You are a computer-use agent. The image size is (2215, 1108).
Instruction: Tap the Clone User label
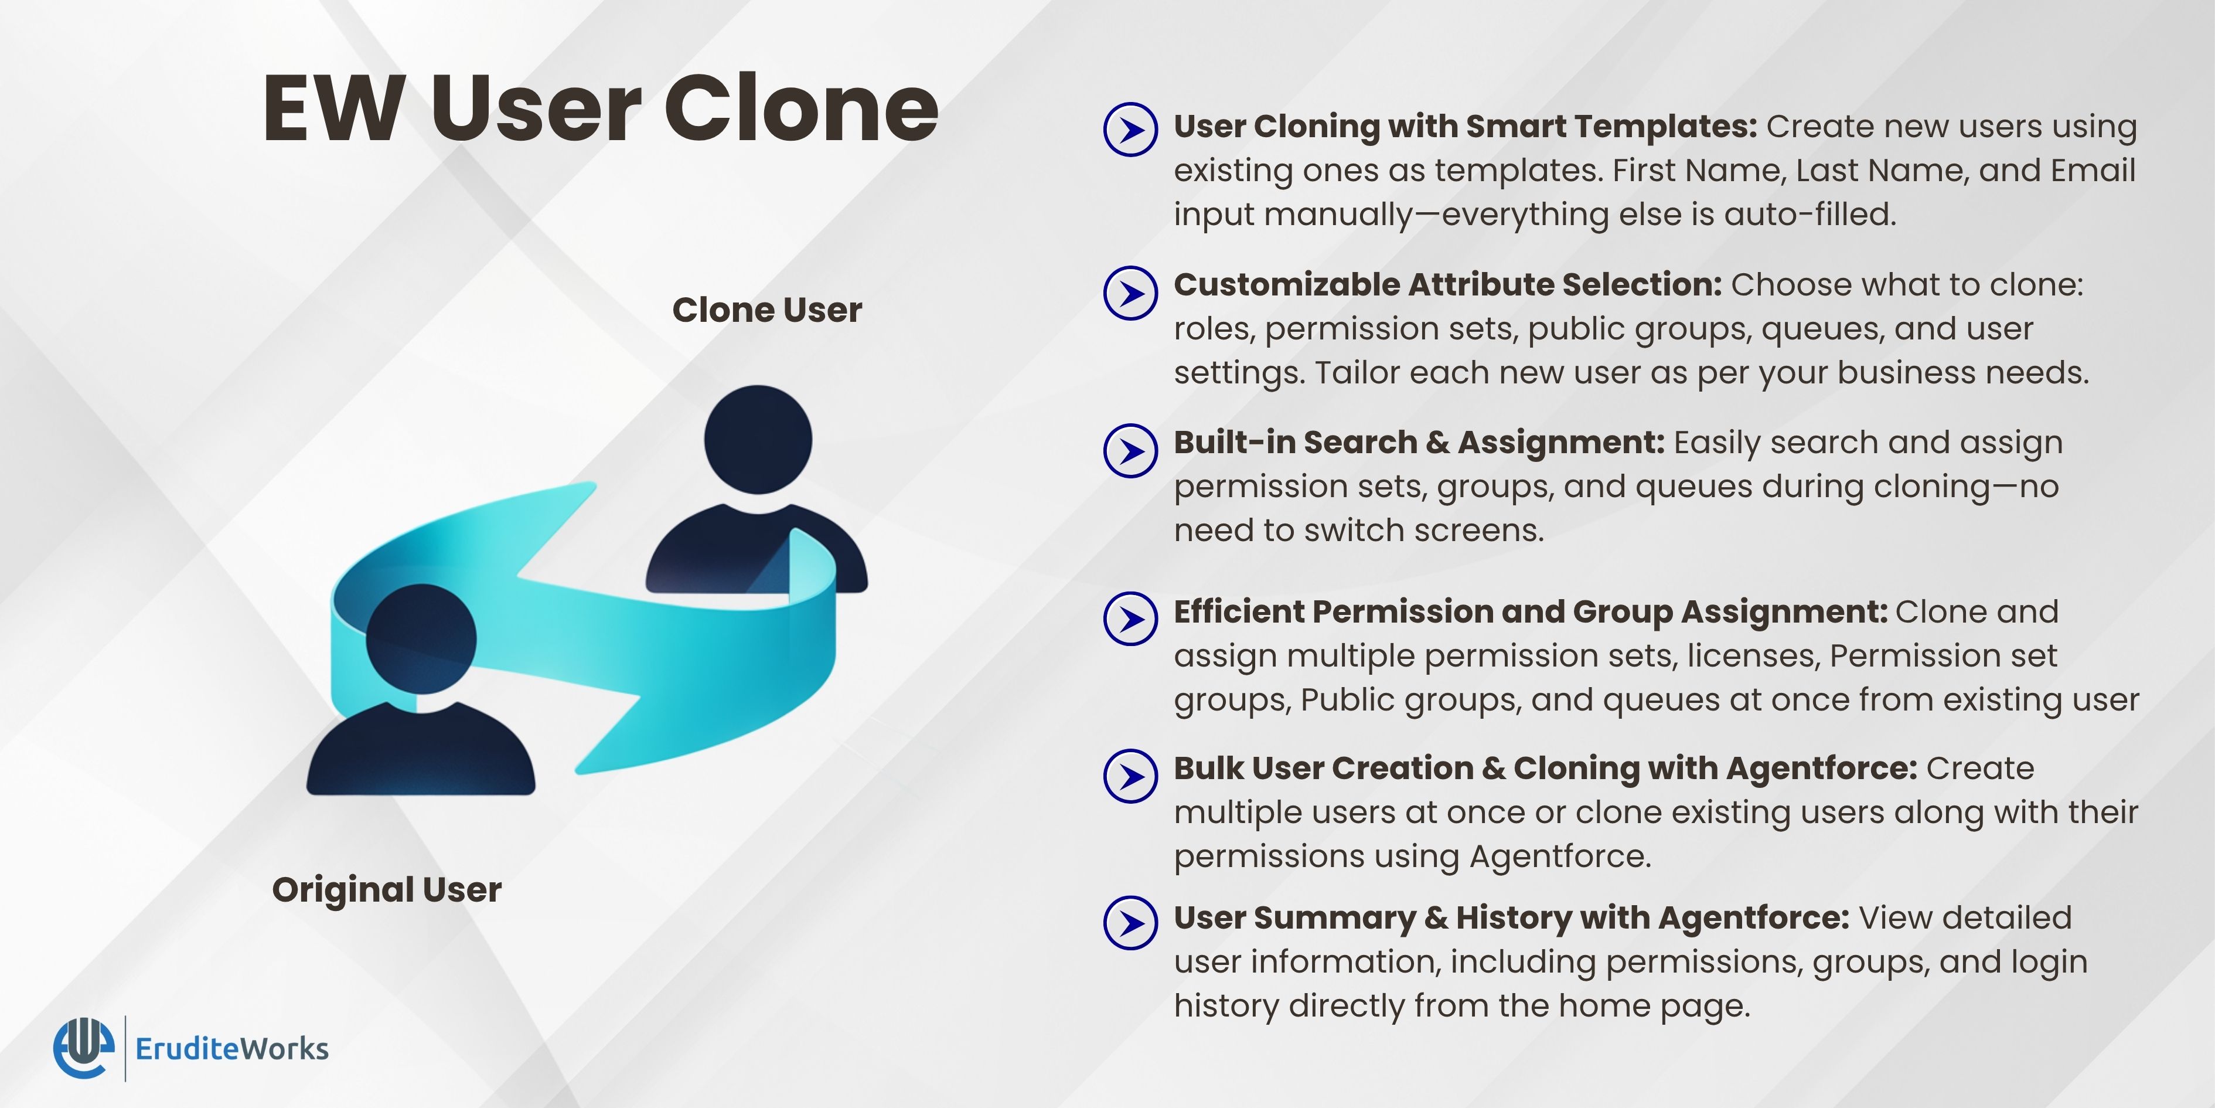[767, 310]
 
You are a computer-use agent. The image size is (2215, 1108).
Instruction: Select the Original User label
[387, 889]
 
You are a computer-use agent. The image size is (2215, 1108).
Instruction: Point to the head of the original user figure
[421, 639]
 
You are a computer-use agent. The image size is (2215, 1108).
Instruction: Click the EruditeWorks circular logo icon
[83, 1048]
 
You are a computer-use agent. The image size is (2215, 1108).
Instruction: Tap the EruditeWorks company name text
[232, 1049]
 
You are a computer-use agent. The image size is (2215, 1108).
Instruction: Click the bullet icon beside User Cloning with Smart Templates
[1131, 129]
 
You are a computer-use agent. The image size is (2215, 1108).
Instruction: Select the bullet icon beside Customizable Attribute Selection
[1131, 293]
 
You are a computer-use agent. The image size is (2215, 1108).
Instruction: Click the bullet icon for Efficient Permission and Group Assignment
[1131, 618]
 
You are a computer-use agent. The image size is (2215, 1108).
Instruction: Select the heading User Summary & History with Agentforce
[1512, 918]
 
